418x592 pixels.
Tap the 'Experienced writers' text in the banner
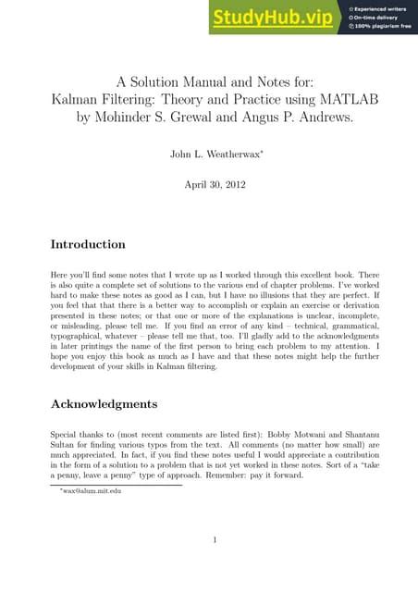click(381, 8)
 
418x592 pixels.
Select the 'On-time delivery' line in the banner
click(377, 18)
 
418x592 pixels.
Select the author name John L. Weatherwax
click(207, 149)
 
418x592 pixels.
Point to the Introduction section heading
click(87, 245)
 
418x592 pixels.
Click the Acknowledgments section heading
click(105, 404)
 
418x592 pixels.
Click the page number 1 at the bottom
click(214, 540)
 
